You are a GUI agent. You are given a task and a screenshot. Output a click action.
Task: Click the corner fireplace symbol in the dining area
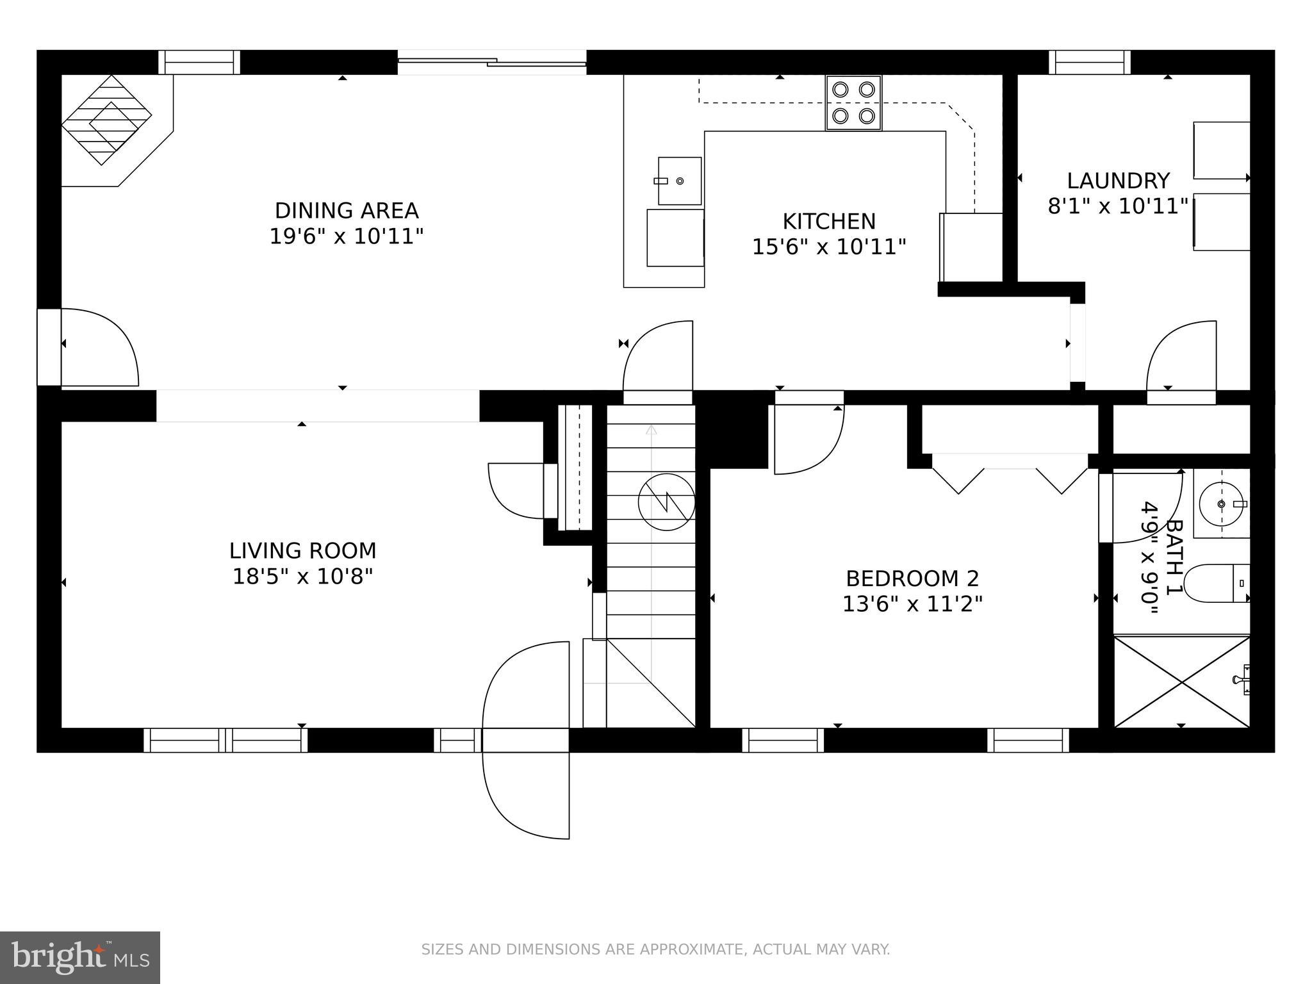106,120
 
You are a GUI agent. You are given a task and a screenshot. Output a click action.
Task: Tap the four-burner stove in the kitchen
853,102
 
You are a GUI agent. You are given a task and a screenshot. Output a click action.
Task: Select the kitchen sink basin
680,181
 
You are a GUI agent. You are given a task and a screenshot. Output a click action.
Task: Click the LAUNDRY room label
1118,181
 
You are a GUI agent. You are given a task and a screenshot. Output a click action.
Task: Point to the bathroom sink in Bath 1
1221,504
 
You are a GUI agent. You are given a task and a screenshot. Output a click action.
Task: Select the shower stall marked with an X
1181,682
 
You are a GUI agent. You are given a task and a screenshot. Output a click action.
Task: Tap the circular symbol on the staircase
666,502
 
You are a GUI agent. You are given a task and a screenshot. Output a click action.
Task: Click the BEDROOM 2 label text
912,578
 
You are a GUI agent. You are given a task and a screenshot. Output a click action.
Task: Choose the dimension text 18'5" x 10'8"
302,577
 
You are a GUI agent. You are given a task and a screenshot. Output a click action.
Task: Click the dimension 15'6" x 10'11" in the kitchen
828,247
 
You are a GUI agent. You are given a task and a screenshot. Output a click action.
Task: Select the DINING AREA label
346,210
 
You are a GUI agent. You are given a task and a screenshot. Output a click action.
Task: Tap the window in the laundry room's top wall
1089,63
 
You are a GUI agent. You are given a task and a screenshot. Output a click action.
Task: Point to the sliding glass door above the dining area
491,62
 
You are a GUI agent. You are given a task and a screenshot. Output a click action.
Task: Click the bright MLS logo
79,957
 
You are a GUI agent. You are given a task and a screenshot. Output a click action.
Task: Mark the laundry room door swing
1180,359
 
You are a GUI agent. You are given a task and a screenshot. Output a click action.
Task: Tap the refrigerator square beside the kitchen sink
675,238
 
